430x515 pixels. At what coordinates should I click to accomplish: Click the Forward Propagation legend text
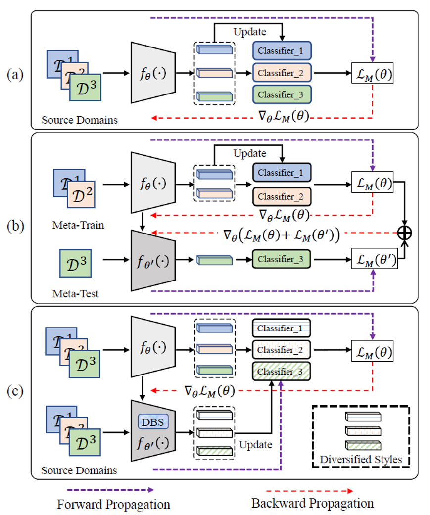point(114,504)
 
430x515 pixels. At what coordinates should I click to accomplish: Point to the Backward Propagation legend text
point(312,503)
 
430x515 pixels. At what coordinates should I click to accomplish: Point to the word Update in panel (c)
point(256,444)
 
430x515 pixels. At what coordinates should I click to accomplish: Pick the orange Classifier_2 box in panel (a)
point(282,73)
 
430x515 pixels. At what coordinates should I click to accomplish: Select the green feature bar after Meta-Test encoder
point(214,259)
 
